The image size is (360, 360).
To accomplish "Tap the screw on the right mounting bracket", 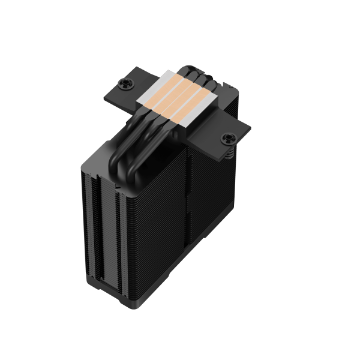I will [x=228, y=139].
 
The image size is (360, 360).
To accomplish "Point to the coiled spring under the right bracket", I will [x=229, y=154].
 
